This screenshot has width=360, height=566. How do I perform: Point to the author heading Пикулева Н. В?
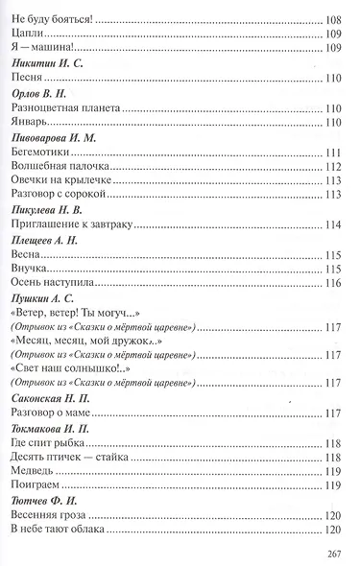tap(47, 209)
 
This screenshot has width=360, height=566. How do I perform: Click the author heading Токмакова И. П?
tap(53, 428)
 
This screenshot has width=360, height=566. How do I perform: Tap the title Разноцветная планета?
tap(65, 109)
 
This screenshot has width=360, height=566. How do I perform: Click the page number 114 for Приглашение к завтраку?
tap(334, 225)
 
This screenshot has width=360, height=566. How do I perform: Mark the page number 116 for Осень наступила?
tap(334, 284)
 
